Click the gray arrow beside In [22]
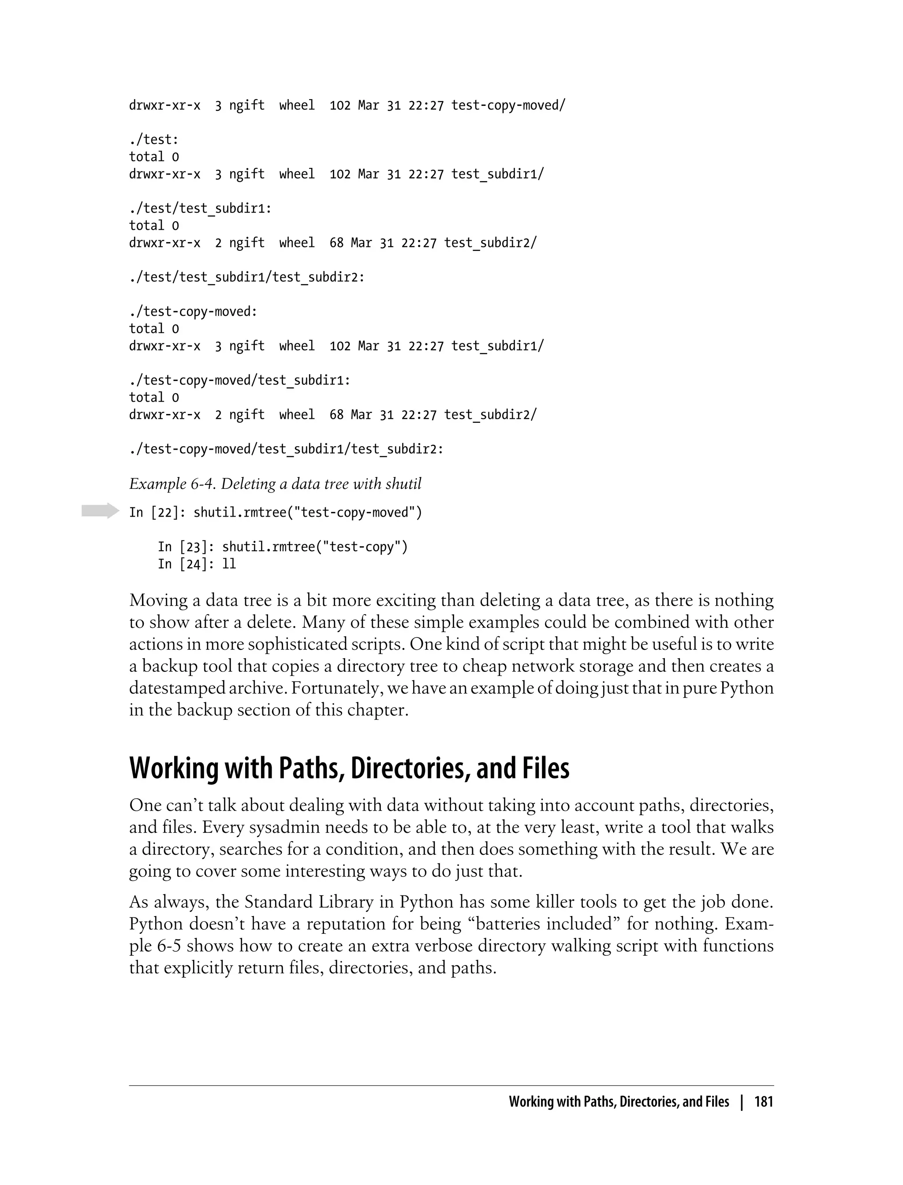pos(100,511)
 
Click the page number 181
pos(763,1102)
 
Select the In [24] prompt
pos(182,564)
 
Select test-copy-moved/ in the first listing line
pos(508,105)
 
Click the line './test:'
pos(154,140)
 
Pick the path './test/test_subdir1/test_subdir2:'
pos(247,277)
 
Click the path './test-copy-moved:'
pos(194,312)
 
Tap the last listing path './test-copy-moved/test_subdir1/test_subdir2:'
pos(287,449)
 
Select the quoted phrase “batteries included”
pos(545,924)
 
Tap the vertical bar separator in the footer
pos(742,1102)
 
